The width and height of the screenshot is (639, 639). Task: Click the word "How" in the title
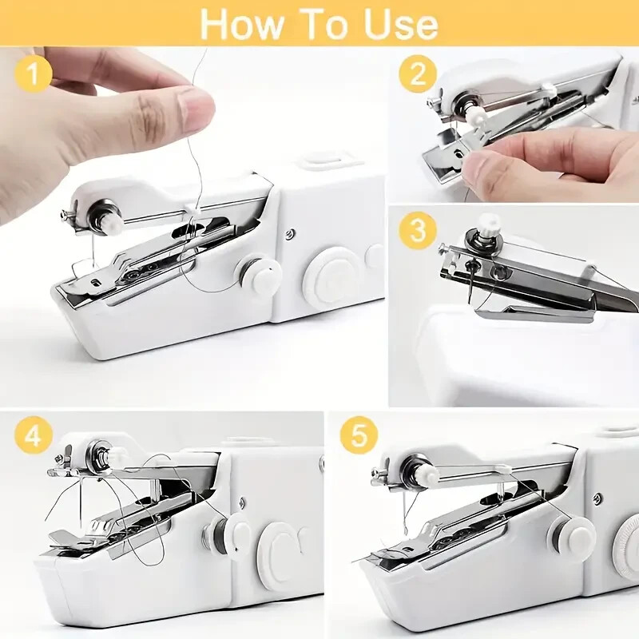click(240, 23)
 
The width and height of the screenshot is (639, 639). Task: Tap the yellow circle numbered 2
click(419, 74)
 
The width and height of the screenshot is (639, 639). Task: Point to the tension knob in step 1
click(105, 212)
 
